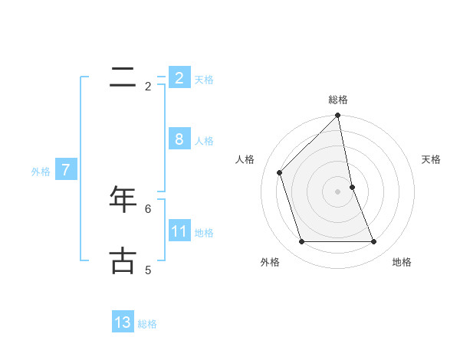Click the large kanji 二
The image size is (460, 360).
point(123,77)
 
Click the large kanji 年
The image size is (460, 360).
point(123,198)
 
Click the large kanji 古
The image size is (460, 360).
point(123,260)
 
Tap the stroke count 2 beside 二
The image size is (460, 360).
point(148,87)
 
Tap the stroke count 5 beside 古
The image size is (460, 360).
point(148,270)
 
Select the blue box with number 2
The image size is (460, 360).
point(179,78)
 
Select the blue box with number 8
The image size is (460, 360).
point(179,139)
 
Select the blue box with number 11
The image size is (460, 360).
point(179,231)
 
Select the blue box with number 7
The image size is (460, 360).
point(66,170)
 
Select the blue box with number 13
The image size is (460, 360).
point(123,322)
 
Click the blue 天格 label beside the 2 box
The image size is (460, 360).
point(204,80)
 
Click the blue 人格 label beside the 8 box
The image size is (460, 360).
point(204,141)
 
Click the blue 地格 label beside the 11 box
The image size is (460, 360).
point(204,233)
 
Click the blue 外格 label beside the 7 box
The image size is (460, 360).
point(41,172)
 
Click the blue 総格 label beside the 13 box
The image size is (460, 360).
point(147,324)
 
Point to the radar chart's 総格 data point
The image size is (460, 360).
point(337,116)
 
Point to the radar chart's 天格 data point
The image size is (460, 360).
point(352,187)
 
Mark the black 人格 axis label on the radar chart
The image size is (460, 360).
point(245,159)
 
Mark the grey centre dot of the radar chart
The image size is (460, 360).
point(337,191)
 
